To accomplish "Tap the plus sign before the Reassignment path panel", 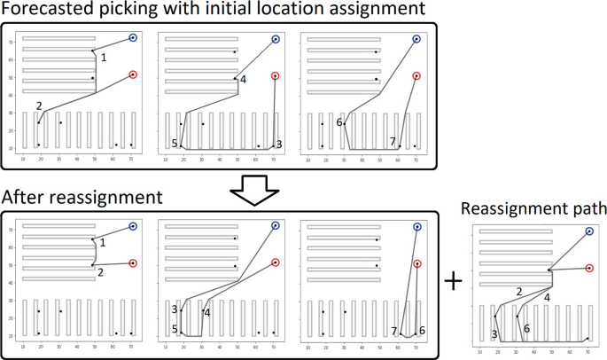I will point(453,281).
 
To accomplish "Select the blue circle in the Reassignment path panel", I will point(588,231).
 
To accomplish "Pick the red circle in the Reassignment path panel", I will point(588,267).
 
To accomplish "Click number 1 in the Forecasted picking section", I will point(104,58).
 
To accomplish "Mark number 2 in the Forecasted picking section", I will point(39,106).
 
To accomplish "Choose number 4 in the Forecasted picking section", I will point(243,80).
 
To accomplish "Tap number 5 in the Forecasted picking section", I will point(175,144).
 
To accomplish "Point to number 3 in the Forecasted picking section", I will point(279,144).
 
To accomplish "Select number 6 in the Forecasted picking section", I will point(339,122).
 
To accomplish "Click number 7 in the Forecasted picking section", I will point(393,142).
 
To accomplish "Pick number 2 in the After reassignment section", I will point(102,272).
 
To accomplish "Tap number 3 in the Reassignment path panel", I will point(493,334).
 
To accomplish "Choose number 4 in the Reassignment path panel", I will point(547,298).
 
